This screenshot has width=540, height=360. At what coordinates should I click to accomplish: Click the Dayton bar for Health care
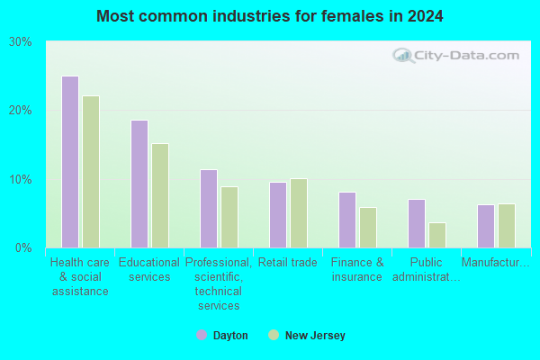coord(70,162)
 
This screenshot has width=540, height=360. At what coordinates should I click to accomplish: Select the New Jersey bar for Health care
coord(91,172)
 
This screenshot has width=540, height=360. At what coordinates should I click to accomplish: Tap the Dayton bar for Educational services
coord(139,184)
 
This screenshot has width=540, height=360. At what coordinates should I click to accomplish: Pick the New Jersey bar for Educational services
coord(160,195)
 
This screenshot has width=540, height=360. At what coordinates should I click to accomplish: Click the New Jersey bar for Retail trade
coord(299,213)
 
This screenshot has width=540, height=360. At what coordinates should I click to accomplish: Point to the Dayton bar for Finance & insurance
coord(347,220)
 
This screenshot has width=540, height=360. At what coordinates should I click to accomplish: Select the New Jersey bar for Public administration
coord(437,235)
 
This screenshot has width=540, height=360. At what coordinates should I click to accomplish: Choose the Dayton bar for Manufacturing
coord(486,226)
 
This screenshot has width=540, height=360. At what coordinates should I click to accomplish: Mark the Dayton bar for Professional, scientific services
coord(209,209)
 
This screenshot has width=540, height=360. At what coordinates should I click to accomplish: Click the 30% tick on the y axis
coord(21,42)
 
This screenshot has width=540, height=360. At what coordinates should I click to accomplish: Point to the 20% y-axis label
coord(21,111)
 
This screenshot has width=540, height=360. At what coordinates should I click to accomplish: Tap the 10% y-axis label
coord(21,179)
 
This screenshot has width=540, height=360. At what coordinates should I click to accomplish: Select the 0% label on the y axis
coord(23,248)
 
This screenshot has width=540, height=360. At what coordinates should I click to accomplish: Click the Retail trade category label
coord(288,263)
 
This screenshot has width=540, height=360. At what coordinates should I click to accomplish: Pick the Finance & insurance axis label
coord(357,270)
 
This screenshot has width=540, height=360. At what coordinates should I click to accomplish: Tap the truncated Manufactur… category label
coord(496,263)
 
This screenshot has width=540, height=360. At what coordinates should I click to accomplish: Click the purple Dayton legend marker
coord(202,335)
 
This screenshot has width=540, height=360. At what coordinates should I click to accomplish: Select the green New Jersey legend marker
coord(274,335)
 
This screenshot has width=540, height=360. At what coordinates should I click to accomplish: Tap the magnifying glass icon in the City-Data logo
coord(403,56)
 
